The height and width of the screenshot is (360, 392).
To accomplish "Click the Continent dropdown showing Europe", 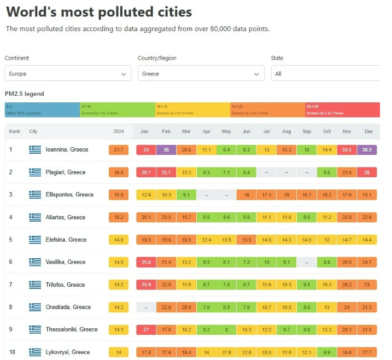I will (x=68, y=73).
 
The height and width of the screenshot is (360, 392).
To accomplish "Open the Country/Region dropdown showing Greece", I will (x=201, y=73).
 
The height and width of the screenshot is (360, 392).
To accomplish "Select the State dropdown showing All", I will (x=325, y=73).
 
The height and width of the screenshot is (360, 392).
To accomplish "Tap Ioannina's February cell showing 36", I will (x=167, y=149).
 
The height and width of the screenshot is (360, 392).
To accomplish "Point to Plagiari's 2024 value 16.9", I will (x=119, y=172).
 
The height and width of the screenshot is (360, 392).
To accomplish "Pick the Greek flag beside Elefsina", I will (x=36, y=240).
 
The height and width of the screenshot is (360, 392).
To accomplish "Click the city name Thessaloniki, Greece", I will (x=72, y=329).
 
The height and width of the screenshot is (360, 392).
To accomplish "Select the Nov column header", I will (x=347, y=131).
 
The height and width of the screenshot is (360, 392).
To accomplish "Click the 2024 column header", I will (x=119, y=131).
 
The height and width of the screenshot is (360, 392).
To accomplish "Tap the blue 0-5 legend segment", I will (x=42, y=109).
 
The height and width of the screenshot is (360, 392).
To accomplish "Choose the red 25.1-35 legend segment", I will (x=342, y=109).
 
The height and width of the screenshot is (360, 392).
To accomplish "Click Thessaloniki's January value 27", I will (x=146, y=329).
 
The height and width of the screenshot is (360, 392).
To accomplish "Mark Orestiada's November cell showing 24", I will (x=347, y=307).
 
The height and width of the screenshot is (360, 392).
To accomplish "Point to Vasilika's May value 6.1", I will (x=226, y=262).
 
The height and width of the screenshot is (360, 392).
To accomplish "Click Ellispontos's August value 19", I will (x=286, y=195).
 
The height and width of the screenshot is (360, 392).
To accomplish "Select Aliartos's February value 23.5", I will (x=167, y=217).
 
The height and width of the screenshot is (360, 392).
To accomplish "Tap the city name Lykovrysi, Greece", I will (x=68, y=352).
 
